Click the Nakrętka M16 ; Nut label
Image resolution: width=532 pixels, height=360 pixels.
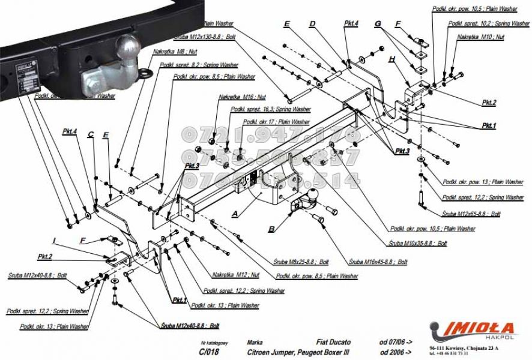[x=242, y=97]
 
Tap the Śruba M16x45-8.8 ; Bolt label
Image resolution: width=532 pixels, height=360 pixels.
[x=378, y=262]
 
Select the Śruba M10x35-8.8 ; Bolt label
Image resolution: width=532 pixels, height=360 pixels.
[x=417, y=244]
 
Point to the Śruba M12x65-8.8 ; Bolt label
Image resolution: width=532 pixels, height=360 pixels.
[x=471, y=213]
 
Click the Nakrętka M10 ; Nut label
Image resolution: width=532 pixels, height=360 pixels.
[x=480, y=37]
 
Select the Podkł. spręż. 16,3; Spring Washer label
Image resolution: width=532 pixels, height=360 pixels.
[x=270, y=109]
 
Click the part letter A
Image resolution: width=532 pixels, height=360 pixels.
[x=235, y=213]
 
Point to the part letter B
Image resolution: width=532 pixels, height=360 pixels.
[x=272, y=229]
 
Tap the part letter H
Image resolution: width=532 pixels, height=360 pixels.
[x=391, y=59]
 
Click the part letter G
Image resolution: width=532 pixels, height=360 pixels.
[x=378, y=23]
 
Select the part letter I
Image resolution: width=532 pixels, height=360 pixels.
[x=54, y=241]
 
